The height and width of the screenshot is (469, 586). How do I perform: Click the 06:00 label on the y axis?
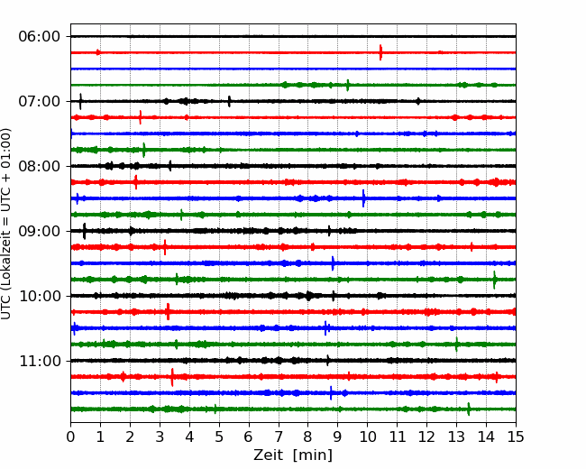pos(40,37)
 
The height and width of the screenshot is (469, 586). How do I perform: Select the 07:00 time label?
pos(40,101)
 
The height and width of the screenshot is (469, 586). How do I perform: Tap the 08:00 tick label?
pos(40,166)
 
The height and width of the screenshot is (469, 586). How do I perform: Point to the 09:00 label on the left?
pos(40,231)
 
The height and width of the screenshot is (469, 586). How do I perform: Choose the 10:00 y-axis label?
pos(40,296)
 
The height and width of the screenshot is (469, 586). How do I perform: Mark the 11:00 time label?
pos(40,361)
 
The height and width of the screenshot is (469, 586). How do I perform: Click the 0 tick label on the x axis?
pos(70,437)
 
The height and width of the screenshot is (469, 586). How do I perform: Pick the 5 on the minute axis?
pos(219,437)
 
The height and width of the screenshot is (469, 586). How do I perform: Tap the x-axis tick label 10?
pos(367,437)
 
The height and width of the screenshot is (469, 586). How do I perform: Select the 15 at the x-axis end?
pos(516,437)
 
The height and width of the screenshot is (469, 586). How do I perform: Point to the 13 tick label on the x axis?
pos(456,437)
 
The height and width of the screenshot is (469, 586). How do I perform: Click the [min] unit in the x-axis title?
pos(313,455)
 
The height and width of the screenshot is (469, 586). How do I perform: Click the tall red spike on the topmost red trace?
pos(380,52)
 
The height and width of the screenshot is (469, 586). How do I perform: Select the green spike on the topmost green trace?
pos(348,85)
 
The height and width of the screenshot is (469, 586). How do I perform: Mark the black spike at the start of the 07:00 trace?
pos(80,101)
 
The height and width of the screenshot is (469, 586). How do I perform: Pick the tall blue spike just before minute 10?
pos(363,198)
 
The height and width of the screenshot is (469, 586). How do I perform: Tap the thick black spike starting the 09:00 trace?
pos(84,231)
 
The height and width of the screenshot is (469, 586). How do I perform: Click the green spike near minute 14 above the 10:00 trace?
pos(494,280)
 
